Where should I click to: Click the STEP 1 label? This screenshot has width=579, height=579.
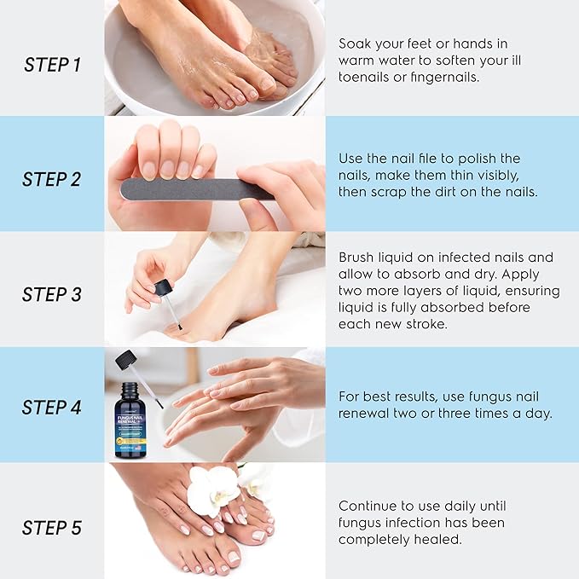pos(51,65)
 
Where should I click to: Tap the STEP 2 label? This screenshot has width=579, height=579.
pos(51,180)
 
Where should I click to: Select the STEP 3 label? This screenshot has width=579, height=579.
pos(51,295)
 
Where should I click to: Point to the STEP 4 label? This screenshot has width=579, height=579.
pos(51,407)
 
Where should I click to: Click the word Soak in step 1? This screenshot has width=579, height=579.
pos(356,43)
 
